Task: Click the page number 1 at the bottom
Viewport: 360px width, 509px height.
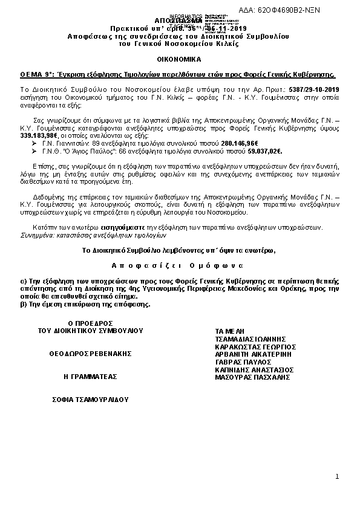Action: click(337, 478)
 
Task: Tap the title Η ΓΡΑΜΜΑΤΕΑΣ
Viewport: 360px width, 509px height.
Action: click(90, 377)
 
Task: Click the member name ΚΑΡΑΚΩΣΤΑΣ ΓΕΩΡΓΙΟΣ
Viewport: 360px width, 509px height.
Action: click(255, 347)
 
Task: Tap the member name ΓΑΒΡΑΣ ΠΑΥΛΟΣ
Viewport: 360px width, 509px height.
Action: click(241, 362)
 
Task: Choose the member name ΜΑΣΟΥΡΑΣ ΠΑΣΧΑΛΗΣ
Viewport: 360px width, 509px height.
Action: click(249, 377)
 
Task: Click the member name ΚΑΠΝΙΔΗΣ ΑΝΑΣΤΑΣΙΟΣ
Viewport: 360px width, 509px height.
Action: click(254, 369)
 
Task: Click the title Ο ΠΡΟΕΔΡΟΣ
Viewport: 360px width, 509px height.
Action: click(90, 324)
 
